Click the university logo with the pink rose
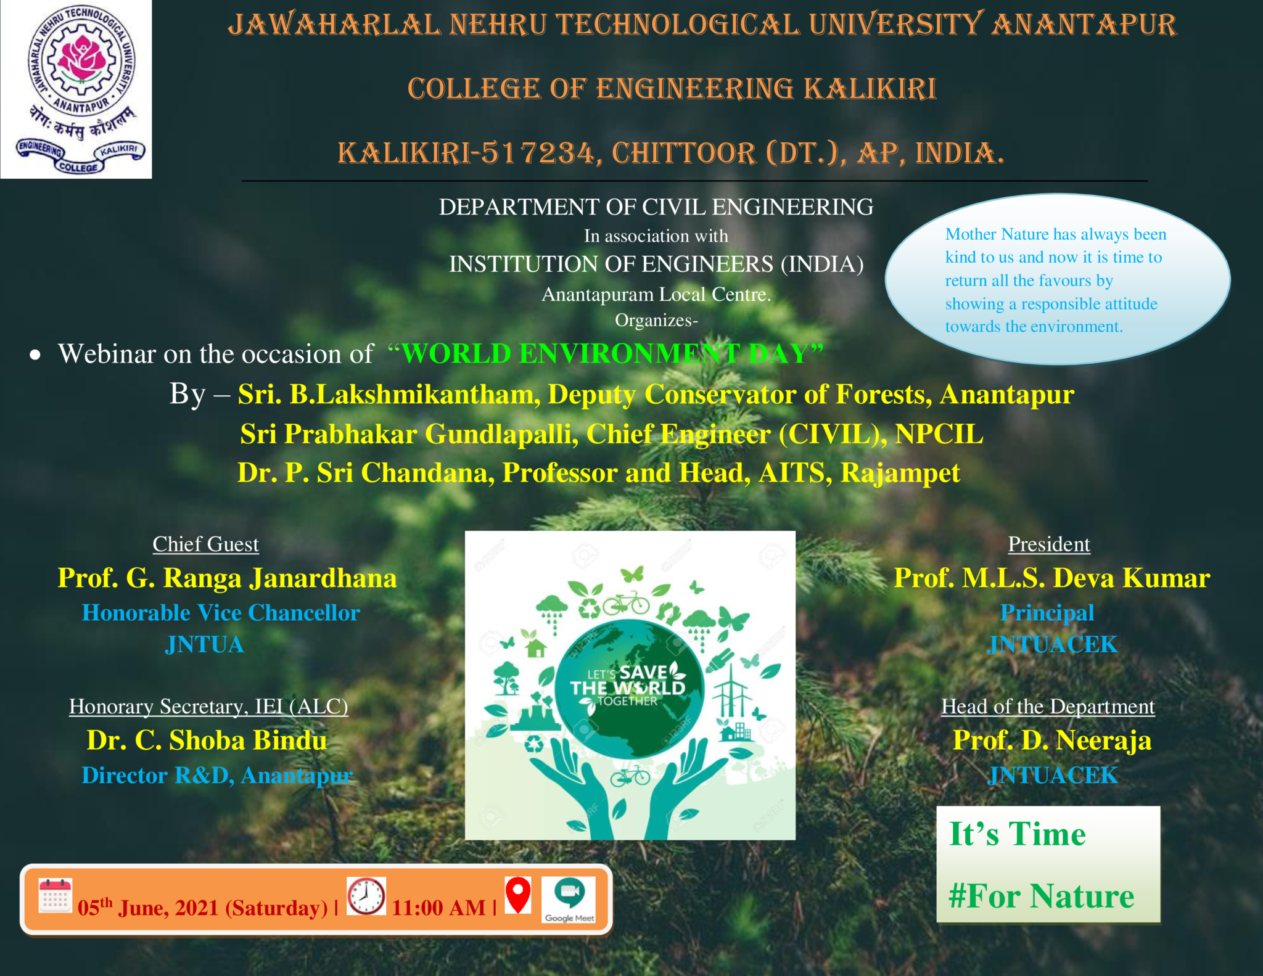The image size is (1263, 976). (x=76, y=89)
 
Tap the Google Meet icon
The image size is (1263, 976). (x=569, y=900)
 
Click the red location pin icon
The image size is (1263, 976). (x=518, y=895)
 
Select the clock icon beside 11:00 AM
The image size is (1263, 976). (x=366, y=896)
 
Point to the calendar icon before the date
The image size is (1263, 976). (x=56, y=896)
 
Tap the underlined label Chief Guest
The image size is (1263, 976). (x=205, y=544)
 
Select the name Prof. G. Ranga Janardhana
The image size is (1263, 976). (x=227, y=578)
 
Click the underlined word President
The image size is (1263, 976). (x=1049, y=544)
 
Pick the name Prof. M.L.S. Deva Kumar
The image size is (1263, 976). (x=1052, y=578)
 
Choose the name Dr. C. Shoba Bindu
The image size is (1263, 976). (x=207, y=740)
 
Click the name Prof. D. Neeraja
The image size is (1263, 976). (x=1052, y=740)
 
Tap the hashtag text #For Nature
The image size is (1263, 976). (x=1041, y=896)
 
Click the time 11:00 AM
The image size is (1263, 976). (x=438, y=908)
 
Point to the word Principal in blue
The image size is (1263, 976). (x=1047, y=613)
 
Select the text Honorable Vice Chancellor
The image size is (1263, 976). (x=221, y=613)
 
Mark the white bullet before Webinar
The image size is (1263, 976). (x=35, y=355)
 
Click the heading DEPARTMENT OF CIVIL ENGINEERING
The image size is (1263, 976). (x=656, y=207)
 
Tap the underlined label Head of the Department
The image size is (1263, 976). (x=1048, y=707)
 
